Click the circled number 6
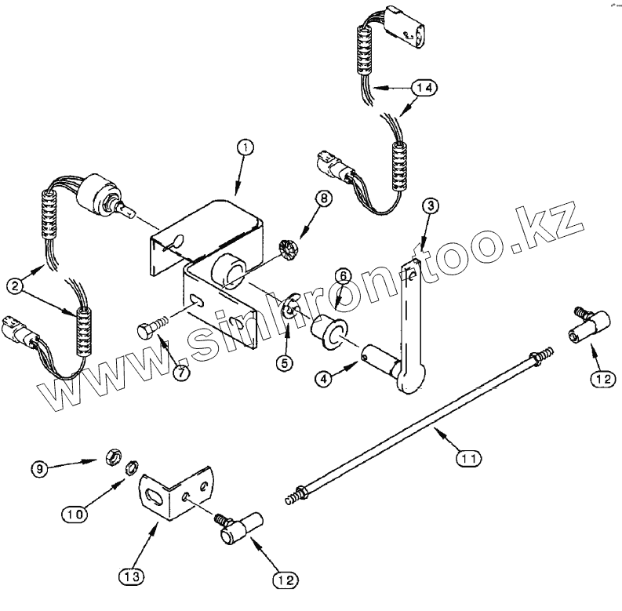point(343,275)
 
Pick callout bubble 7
point(180,373)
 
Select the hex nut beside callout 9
point(111,456)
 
